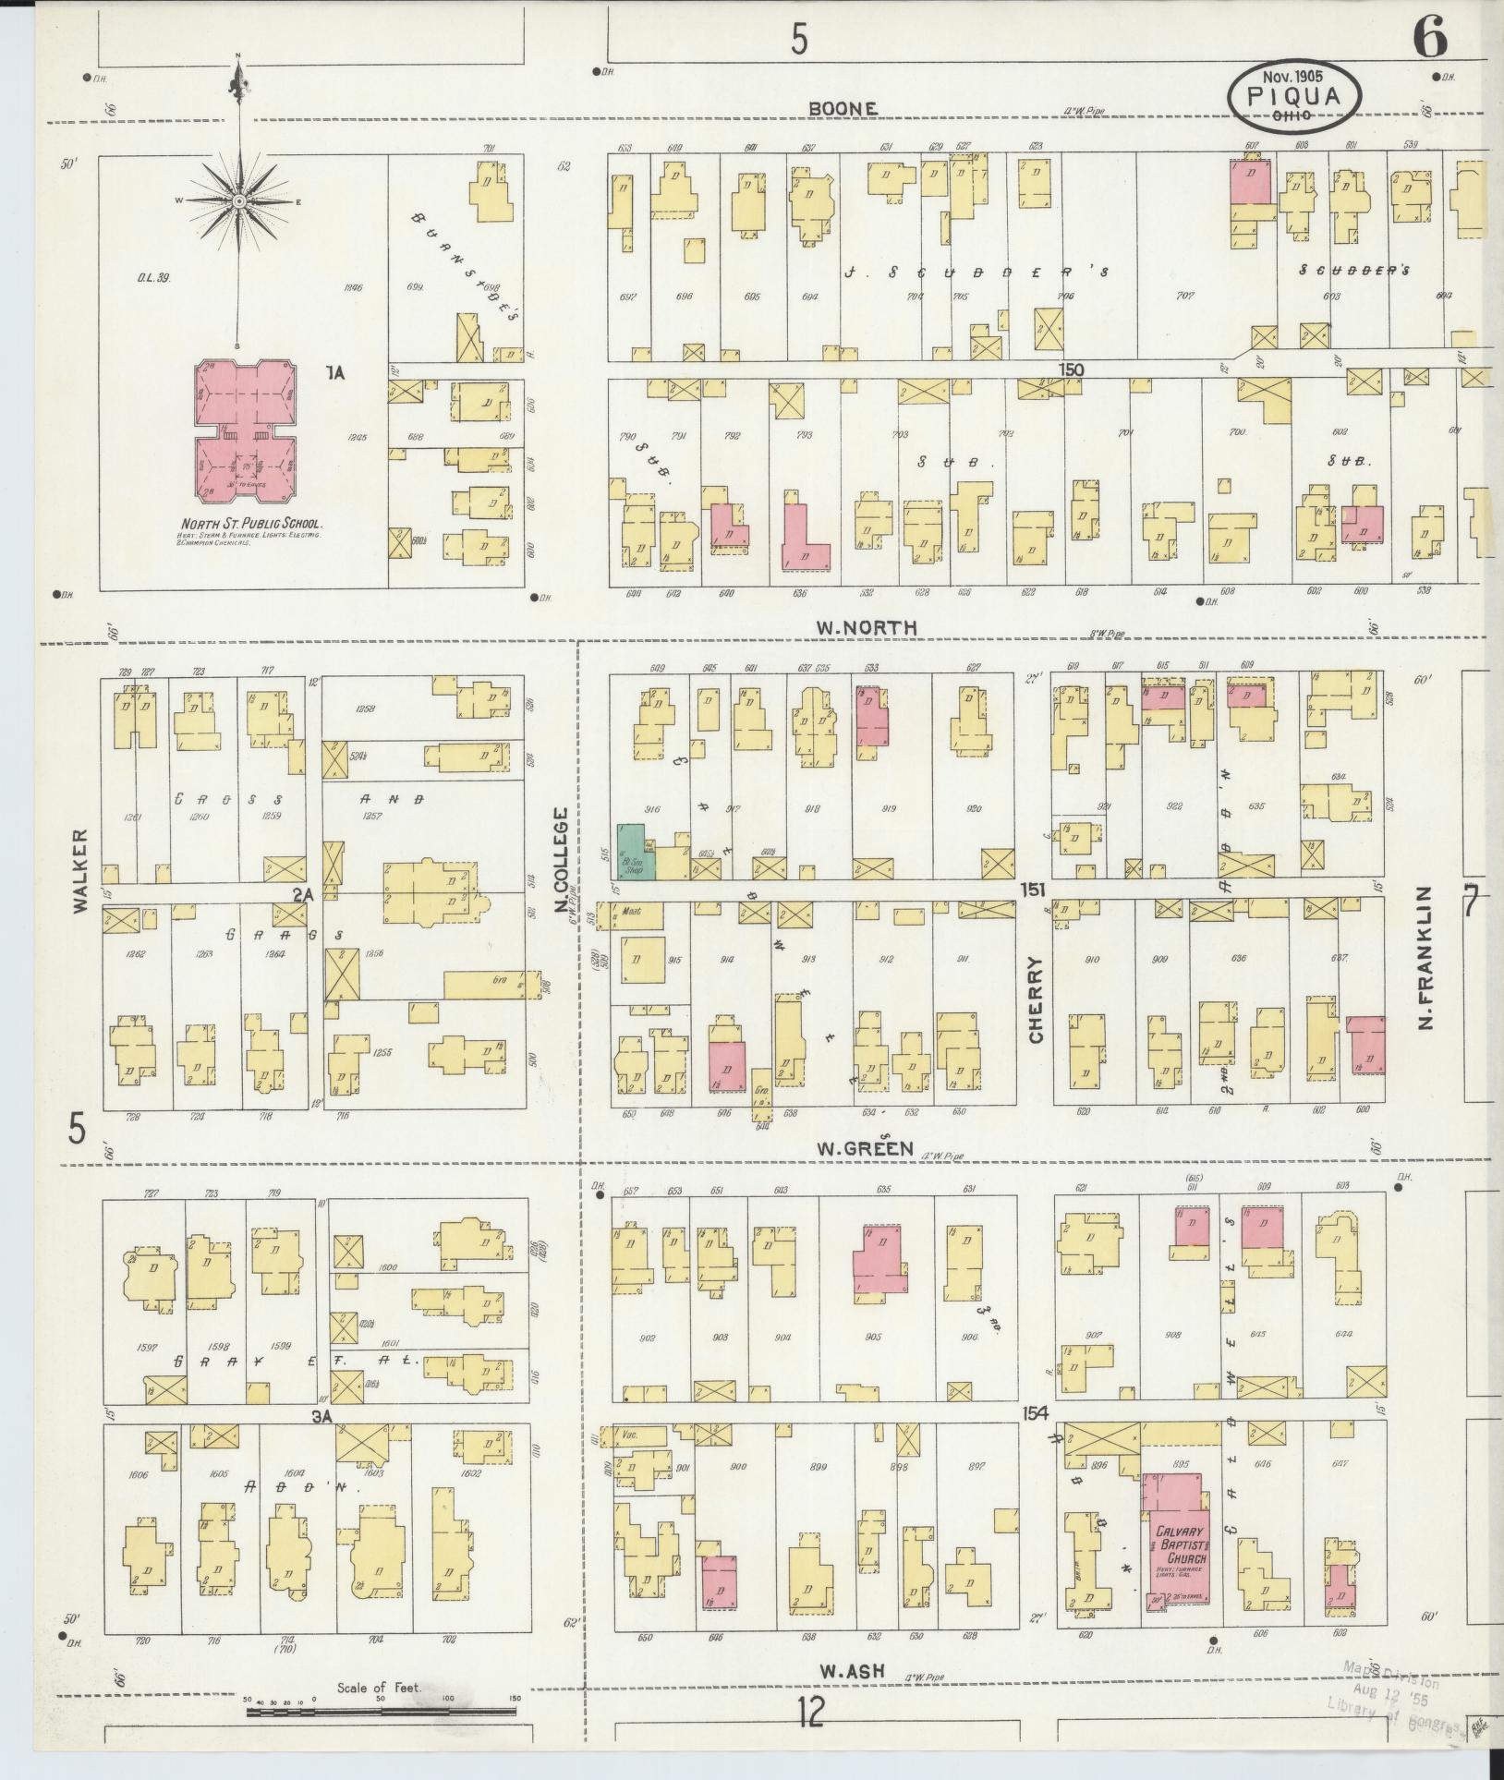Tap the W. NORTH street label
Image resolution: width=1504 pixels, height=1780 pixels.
coord(865,627)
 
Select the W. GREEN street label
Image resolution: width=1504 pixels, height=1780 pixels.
coord(865,1149)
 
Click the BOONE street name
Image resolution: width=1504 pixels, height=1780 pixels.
coord(843,109)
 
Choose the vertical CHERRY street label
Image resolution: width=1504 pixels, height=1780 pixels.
coord(1035,1000)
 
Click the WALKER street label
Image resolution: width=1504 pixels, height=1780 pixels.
coord(80,871)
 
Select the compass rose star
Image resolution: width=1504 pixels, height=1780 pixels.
coord(238,200)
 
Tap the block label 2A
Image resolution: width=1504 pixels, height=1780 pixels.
coord(304,894)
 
